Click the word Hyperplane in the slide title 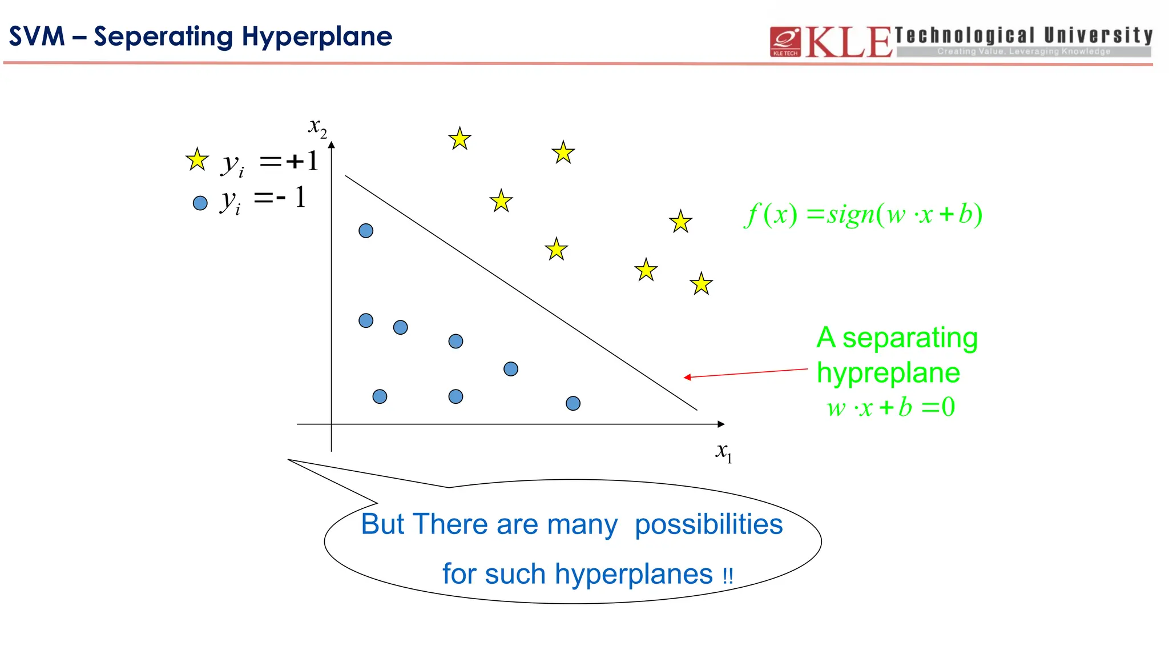point(317,37)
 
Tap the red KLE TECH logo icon point(785,42)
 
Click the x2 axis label point(317,127)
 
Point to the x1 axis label point(723,452)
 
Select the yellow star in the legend point(197,160)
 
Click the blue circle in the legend point(200,203)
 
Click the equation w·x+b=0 point(890,407)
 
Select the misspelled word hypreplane point(888,373)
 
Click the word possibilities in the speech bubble point(708,524)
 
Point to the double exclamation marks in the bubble point(727,575)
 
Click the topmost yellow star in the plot point(459,139)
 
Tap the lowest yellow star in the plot point(701,284)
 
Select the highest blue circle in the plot point(366,231)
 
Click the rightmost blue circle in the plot point(573,403)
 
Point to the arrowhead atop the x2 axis point(332,145)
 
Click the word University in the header point(1098,35)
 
